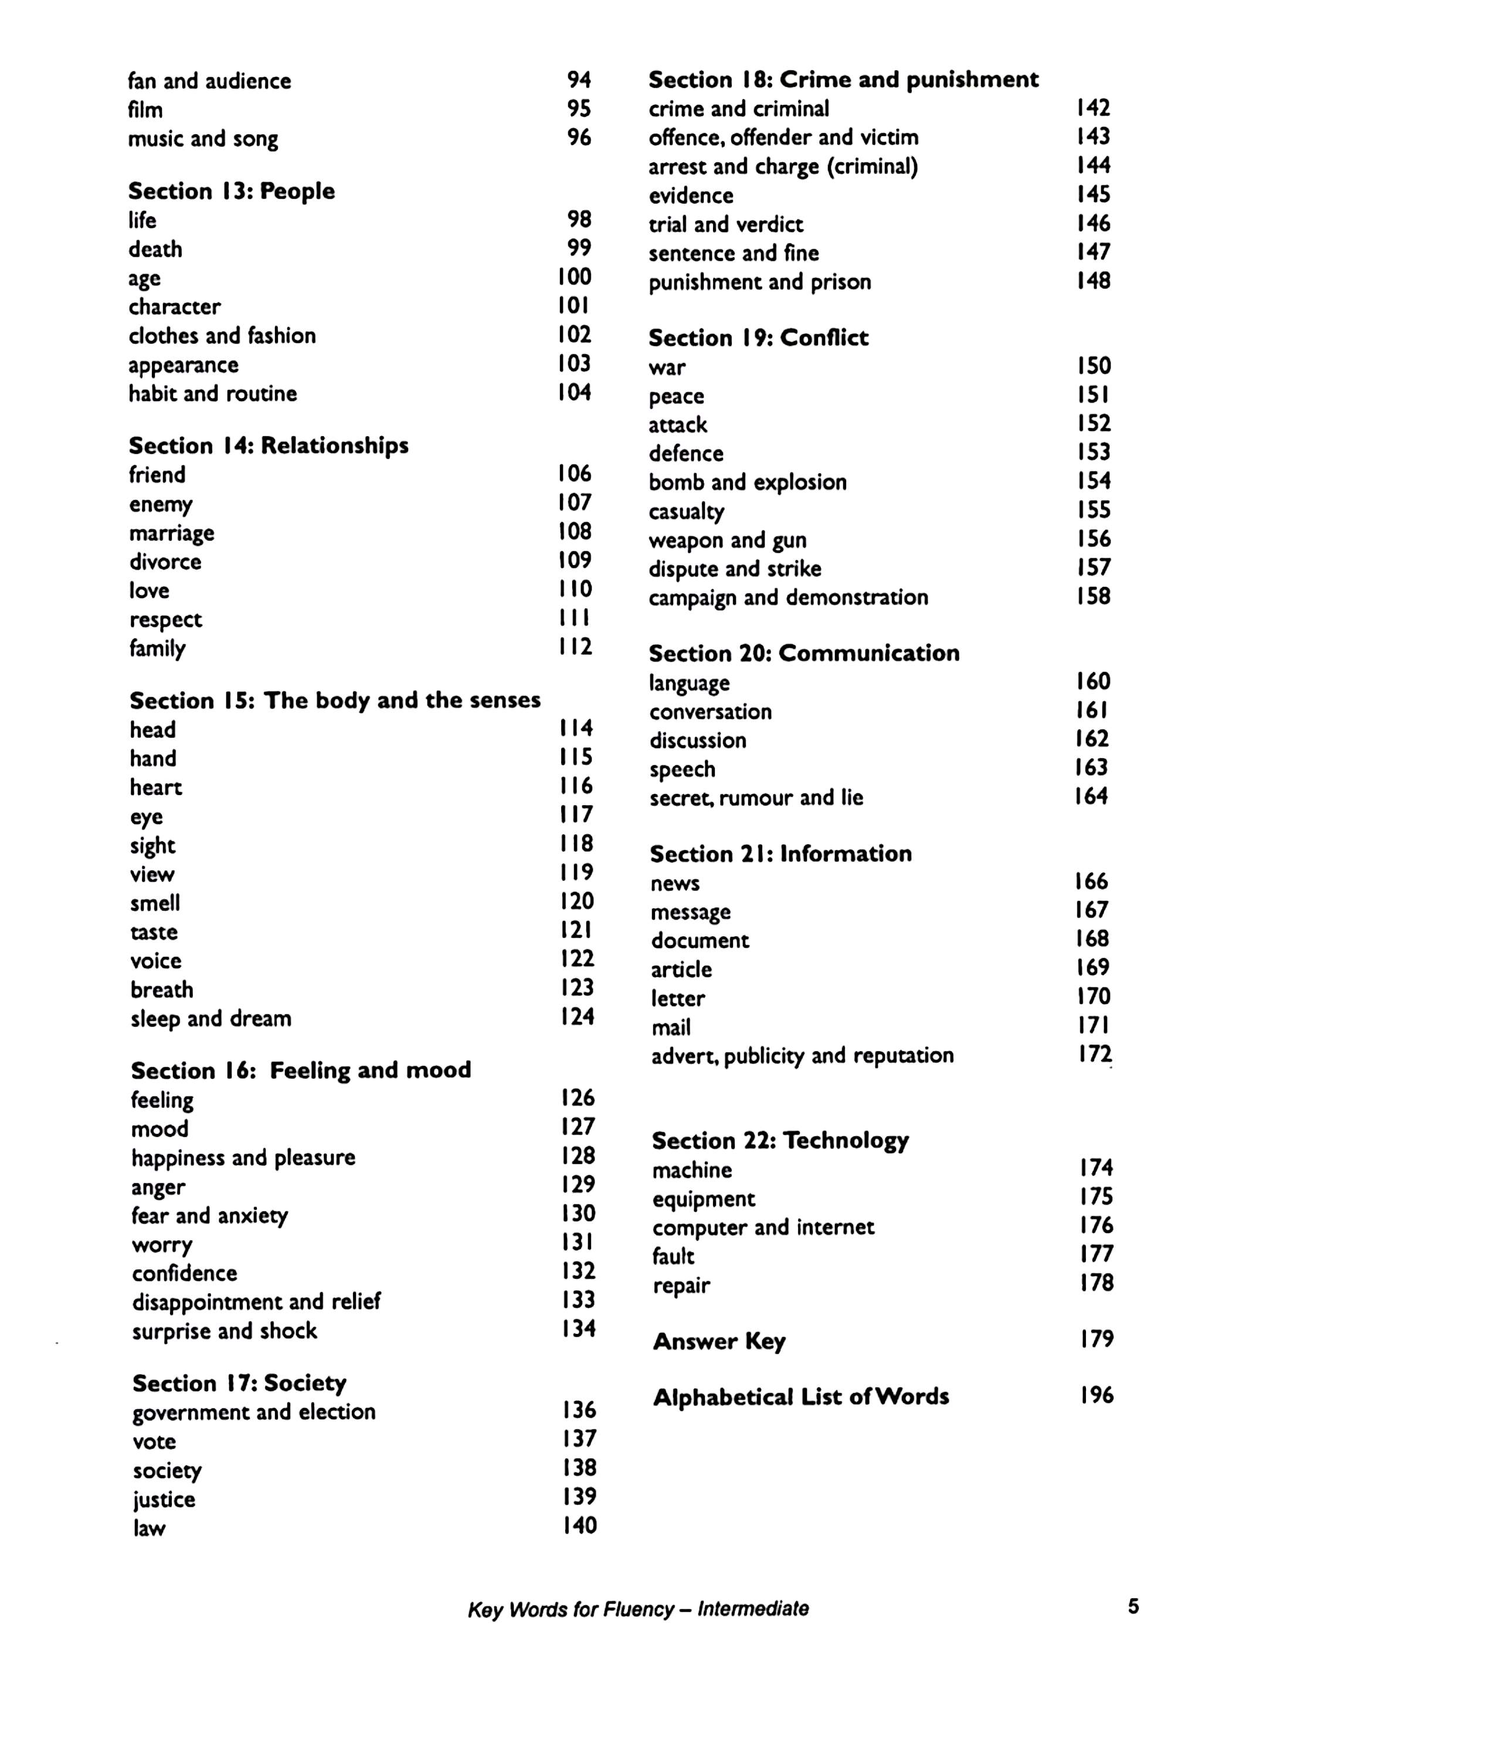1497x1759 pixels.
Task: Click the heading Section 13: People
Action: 231,191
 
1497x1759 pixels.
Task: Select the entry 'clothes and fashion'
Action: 222,336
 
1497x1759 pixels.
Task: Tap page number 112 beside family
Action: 575,647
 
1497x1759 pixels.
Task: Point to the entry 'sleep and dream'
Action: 211,1018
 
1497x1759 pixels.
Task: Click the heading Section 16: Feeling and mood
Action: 300,1070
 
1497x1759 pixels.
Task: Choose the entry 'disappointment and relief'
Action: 256,1302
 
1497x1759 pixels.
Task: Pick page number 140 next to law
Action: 579,1526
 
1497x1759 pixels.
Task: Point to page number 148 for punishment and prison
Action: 1093,281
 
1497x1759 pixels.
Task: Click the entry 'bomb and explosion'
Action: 748,482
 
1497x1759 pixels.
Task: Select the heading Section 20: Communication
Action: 804,653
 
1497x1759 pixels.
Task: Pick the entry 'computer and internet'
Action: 763,1228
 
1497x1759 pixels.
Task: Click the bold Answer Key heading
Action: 719,1342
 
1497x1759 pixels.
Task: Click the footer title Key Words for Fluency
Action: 638,1609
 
